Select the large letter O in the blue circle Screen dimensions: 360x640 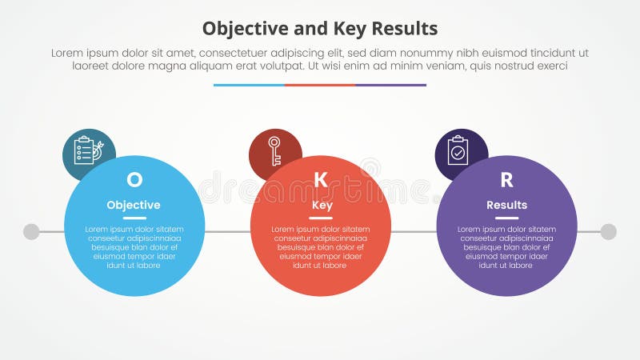click(x=134, y=180)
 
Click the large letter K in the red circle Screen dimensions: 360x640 click(x=321, y=180)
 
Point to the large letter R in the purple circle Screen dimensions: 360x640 click(x=506, y=180)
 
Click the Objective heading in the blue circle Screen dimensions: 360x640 click(x=134, y=205)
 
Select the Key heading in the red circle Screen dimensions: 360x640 click(x=322, y=205)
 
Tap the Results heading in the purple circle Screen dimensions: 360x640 click(x=507, y=205)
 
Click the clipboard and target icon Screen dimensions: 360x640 click(x=88, y=150)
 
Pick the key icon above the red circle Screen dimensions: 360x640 click(x=274, y=150)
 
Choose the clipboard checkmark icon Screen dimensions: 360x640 click(x=458, y=150)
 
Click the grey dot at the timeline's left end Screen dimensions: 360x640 click(x=31, y=232)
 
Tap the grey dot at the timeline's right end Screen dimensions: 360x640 click(x=609, y=232)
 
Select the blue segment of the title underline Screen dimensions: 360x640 click(x=249, y=85)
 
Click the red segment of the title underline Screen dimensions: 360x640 click(x=320, y=85)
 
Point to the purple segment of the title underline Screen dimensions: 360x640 click(x=390, y=85)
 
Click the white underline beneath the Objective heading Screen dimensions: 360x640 click(x=134, y=218)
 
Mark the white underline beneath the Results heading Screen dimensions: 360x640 click(x=507, y=218)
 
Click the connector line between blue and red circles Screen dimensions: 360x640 click(x=228, y=232)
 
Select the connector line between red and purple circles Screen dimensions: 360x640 click(x=414, y=232)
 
